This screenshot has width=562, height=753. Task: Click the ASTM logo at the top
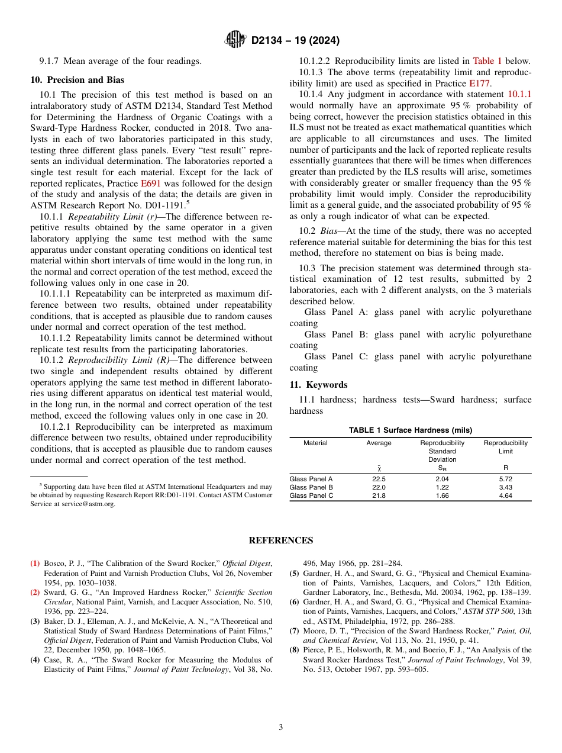pyautogui.click(x=236, y=40)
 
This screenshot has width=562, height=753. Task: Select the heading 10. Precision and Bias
pyautogui.click(x=77, y=80)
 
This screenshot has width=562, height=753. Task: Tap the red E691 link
pyautogui.click(x=150, y=184)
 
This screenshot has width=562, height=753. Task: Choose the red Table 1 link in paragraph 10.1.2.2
pyautogui.click(x=487, y=61)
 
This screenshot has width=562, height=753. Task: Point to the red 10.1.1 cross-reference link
pyautogui.click(x=519, y=94)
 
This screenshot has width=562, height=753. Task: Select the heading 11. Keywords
pyautogui.click(x=318, y=385)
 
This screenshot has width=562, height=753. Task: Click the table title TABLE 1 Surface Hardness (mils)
pyautogui.click(x=410, y=430)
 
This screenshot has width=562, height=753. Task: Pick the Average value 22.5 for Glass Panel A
pyautogui.click(x=379, y=479)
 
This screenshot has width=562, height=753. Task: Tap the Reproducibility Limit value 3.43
pyautogui.click(x=505, y=487)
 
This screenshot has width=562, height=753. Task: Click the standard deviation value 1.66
pyautogui.click(x=442, y=495)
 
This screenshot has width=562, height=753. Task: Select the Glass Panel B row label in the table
pyautogui.click(x=311, y=487)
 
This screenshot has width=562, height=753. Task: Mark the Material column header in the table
pyautogui.click(x=315, y=443)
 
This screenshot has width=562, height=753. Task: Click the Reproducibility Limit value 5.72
pyautogui.click(x=505, y=479)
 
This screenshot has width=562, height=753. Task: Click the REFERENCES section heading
pyautogui.click(x=280, y=540)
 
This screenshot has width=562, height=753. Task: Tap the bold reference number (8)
pyautogui.click(x=294, y=650)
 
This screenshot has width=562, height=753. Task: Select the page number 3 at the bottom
pyautogui.click(x=281, y=727)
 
